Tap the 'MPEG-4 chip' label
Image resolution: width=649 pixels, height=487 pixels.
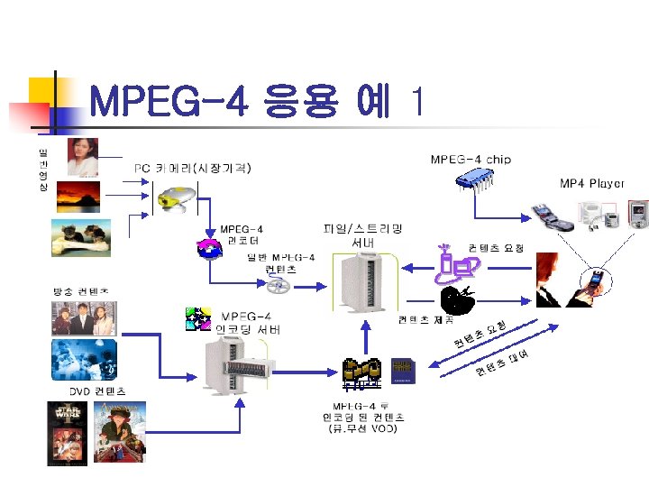pyautogui.click(x=471, y=160)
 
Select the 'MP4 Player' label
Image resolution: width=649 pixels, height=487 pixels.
pyautogui.click(x=592, y=184)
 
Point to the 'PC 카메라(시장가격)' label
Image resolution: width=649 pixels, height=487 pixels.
pyautogui.click(x=193, y=168)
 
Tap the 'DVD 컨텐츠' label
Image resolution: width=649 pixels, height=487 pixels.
pyautogui.click(x=97, y=391)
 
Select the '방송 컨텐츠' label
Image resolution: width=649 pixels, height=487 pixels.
pyautogui.click(x=81, y=292)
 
